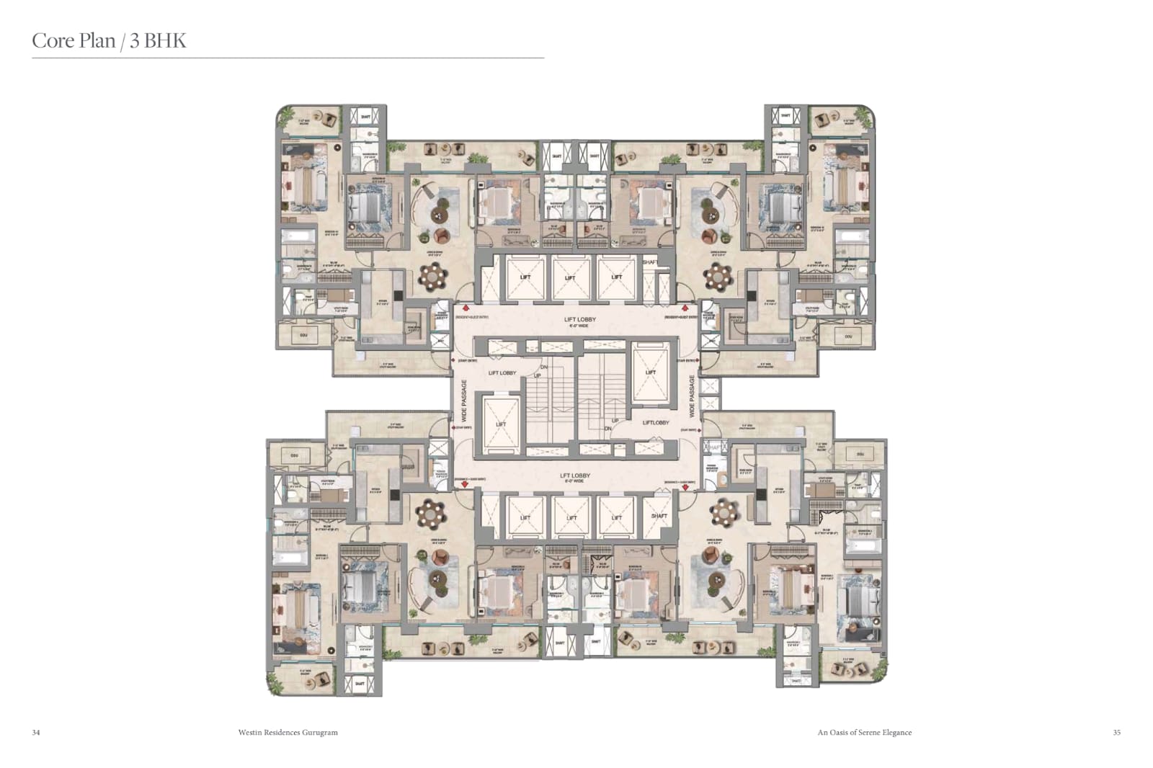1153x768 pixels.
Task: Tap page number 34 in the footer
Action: [36, 732]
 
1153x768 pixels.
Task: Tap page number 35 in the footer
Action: [1116, 732]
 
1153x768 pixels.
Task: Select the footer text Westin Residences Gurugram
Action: [288, 732]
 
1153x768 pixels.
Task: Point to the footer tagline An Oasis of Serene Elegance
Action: [864, 732]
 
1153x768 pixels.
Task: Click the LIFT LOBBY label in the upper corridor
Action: [580, 319]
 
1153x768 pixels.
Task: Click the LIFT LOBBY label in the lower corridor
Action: [575, 475]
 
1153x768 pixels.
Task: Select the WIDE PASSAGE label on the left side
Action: [465, 401]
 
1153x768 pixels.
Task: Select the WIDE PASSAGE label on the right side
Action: [693, 396]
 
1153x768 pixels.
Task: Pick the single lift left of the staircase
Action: [501, 424]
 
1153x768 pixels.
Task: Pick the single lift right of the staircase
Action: [651, 372]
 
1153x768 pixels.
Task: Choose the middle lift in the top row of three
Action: [570, 277]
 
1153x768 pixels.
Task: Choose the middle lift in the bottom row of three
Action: [571, 517]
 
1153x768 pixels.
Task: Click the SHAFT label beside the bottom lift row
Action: [659, 516]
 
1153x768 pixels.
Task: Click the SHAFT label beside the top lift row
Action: [649, 262]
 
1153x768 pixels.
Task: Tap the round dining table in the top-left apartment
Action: [433, 275]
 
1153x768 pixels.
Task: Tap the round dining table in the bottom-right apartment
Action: [723, 512]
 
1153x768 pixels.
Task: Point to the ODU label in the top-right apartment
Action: [847, 336]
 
